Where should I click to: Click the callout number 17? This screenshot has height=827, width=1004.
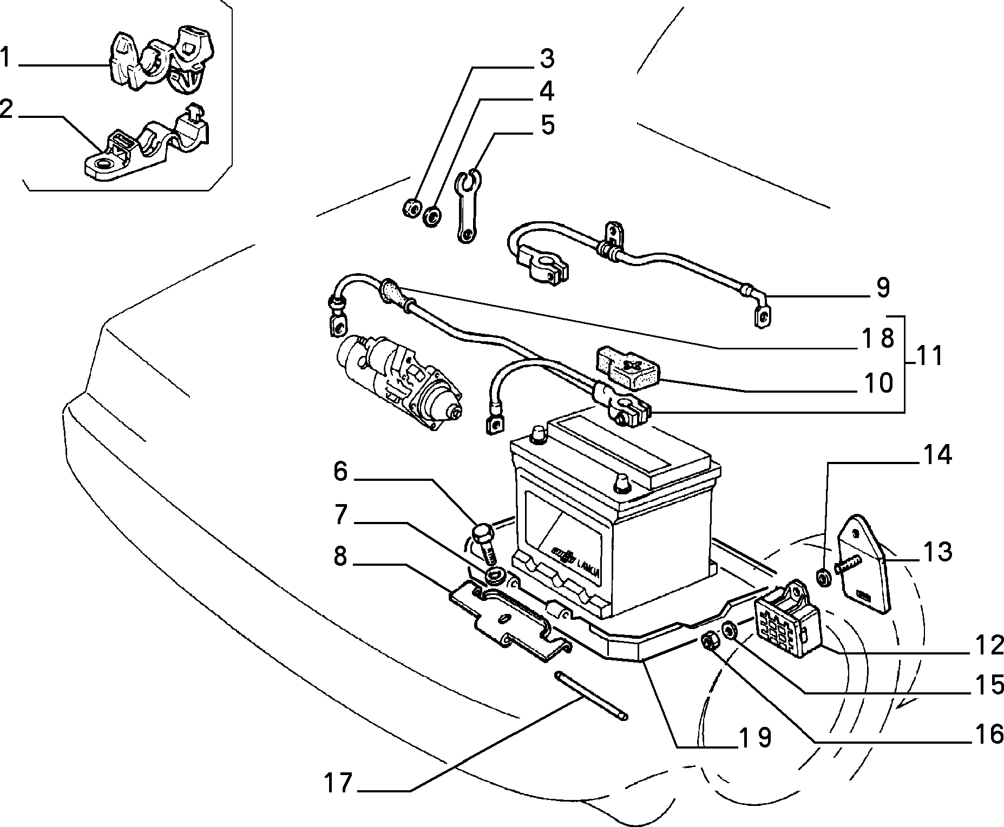[338, 783]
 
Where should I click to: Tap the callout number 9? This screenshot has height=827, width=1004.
[882, 288]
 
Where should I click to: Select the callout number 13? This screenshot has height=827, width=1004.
[937, 552]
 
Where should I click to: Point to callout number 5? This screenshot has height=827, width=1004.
[547, 125]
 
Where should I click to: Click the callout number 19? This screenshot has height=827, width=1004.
[755, 737]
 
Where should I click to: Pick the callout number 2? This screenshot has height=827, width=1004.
[6, 109]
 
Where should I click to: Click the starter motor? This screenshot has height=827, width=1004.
[399, 381]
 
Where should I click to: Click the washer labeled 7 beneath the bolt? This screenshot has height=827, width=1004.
[494, 576]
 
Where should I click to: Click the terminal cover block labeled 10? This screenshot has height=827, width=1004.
[629, 368]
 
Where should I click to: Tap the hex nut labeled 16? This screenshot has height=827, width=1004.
[708, 641]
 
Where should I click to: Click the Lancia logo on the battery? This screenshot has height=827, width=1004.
[575, 565]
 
